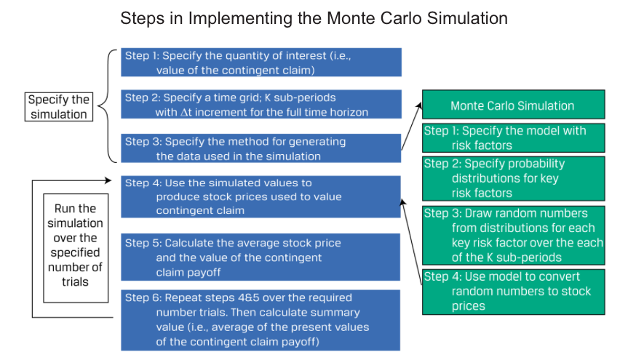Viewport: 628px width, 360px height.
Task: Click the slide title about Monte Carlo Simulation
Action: (314, 18)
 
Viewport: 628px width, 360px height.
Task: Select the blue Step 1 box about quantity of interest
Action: (261, 63)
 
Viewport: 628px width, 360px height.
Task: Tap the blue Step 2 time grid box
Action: (261, 104)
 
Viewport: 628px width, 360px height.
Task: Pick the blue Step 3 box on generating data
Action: (261, 148)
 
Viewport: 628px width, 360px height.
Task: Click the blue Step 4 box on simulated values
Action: (261, 196)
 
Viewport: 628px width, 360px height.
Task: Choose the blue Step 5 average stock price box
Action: (261, 257)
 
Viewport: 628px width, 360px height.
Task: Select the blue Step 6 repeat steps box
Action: (261, 320)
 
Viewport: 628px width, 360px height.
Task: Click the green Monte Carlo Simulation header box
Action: (514, 105)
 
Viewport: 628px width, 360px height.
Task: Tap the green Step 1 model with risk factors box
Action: (514, 138)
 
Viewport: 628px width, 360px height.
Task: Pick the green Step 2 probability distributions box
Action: (514, 179)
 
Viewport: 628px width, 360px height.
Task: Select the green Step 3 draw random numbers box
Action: (514, 236)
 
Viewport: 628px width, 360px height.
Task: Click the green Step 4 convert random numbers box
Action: (514, 292)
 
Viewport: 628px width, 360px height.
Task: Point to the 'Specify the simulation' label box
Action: (59, 107)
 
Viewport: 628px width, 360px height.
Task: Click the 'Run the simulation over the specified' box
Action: (76, 248)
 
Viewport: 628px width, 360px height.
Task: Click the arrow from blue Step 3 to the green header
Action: (411, 126)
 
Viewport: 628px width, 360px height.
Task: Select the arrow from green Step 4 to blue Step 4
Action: (411, 242)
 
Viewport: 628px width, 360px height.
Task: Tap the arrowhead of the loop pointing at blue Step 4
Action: (108, 180)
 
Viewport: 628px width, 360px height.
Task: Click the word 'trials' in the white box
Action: (75, 282)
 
